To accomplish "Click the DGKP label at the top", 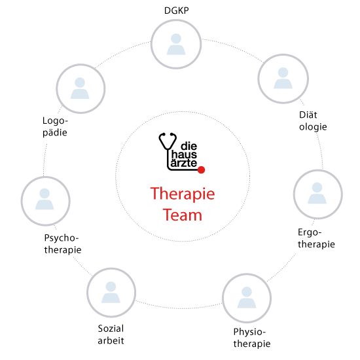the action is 176,10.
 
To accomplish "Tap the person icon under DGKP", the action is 176,44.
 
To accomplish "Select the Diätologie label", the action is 313,121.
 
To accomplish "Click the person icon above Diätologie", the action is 283,78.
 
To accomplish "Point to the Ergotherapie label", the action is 316,238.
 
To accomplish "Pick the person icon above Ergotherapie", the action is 317,193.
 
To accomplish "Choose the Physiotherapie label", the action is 252,338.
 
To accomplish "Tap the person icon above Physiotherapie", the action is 247,297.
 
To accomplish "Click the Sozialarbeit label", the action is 111,334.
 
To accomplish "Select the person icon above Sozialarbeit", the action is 111,292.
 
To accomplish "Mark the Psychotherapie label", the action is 63,244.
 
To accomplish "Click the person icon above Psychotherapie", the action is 45,199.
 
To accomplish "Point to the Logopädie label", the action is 55,127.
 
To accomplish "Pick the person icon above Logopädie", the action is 80,88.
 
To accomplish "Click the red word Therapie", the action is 183,194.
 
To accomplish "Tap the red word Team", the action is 183,215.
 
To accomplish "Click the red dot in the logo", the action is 201,170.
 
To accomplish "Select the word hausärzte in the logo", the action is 184,158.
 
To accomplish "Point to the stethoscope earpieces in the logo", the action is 168,135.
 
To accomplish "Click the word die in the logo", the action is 189,146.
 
